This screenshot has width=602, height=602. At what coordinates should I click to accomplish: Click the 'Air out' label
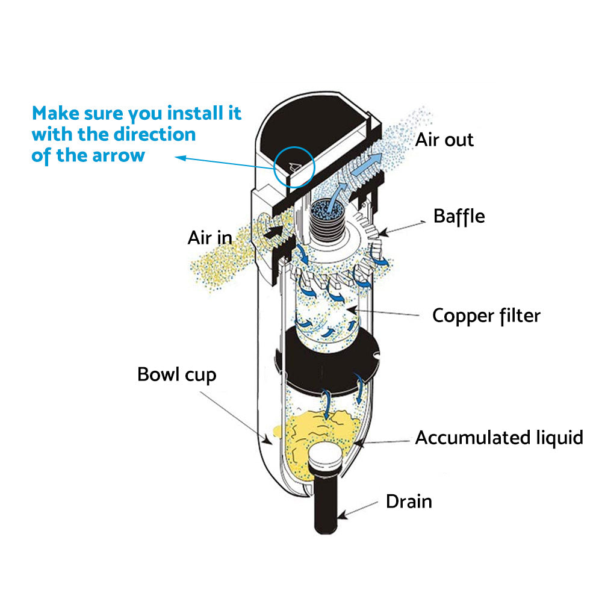(x=444, y=140)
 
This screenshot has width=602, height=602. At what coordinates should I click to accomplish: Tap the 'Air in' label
(x=209, y=237)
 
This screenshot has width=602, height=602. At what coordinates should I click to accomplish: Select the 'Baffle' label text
(x=459, y=216)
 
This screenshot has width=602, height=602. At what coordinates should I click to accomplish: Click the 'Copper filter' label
(x=486, y=315)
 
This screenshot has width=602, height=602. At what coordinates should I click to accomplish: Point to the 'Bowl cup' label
(x=176, y=374)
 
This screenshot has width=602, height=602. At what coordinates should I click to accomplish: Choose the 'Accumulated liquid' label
(x=498, y=437)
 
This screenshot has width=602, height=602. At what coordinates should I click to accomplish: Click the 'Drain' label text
(x=409, y=501)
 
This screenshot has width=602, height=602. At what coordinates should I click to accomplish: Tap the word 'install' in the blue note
(x=200, y=113)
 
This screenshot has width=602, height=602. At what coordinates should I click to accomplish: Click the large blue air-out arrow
(x=369, y=166)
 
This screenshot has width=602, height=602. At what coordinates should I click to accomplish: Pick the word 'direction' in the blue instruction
(x=154, y=134)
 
